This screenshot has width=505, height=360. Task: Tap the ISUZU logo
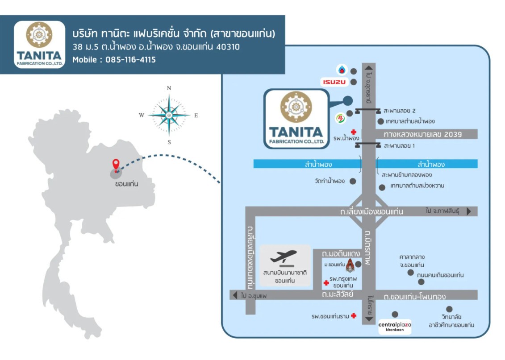pyautogui.click(x=334, y=82)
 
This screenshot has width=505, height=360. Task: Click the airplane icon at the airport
pyautogui.click(x=283, y=257)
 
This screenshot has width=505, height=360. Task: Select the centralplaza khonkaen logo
pyautogui.click(x=395, y=327)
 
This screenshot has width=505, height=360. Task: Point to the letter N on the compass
pyautogui.click(x=169, y=88)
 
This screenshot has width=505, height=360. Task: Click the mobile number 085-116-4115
pyautogui.click(x=130, y=60)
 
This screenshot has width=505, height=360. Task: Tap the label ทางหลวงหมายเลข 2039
pyautogui.click(x=423, y=134)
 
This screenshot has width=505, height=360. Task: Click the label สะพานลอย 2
pyautogui.click(x=399, y=111)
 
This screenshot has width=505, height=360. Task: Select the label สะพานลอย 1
pyautogui.click(x=399, y=146)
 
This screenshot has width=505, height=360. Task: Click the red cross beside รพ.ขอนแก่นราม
pyautogui.click(x=354, y=315)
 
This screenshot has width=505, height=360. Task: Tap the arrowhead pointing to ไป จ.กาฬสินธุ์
pyautogui.click(x=469, y=211)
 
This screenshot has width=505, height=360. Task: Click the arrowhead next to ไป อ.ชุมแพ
pyautogui.click(x=235, y=295)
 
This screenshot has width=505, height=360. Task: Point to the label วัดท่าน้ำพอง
pyautogui.click(x=330, y=181)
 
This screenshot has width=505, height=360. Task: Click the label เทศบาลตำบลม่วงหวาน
pyautogui.click(x=417, y=186)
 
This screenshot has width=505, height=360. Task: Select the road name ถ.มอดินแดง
pyautogui.click(x=341, y=254)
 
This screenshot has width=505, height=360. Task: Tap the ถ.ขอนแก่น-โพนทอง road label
pyautogui.click(x=415, y=296)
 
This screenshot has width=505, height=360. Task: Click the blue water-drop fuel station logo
pyautogui.click(x=342, y=70)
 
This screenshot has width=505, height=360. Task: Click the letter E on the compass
pyautogui.click(x=196, y=116)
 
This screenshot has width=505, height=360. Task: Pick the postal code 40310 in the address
pyautogui.click(x=228, y=47)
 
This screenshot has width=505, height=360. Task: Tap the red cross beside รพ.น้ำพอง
pyautogui.click(x=354, y=132)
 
